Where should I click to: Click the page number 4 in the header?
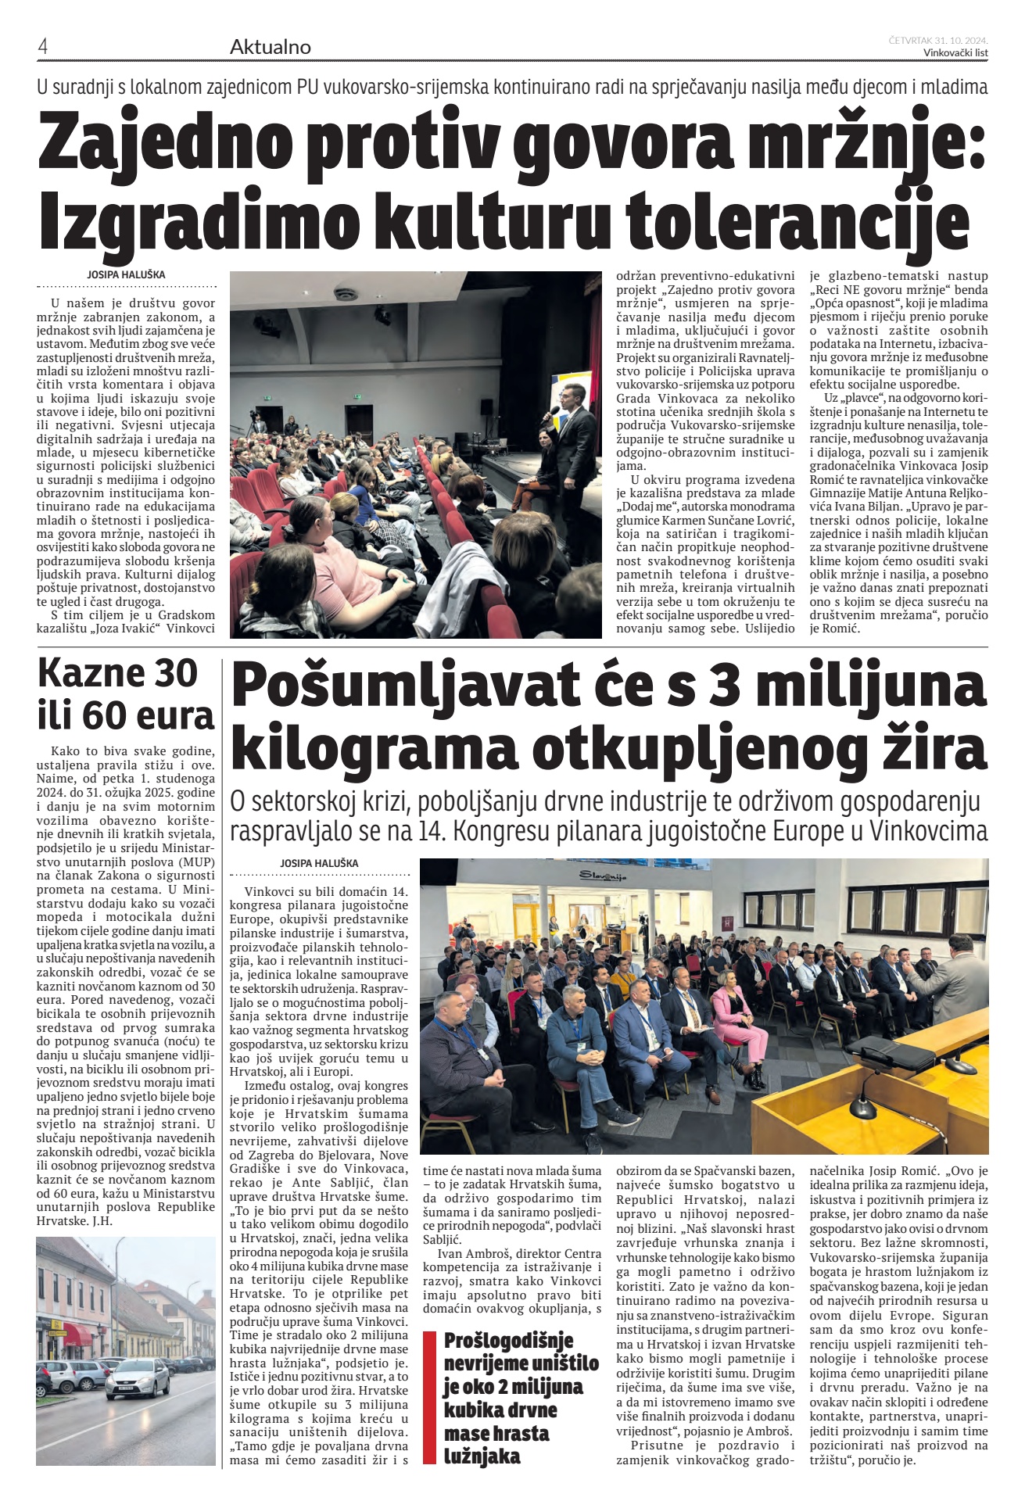click(x=43, y=47)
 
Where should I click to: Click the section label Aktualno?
click(x=270, y=47)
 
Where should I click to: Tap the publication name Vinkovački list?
click(x=955, y=53)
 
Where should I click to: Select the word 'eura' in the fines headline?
click(x=175, y=713)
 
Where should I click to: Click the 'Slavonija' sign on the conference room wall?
click(x=604, y=876)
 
